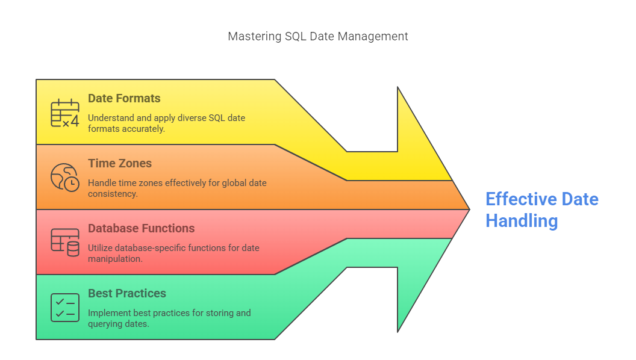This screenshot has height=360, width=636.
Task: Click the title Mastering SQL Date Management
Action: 317,37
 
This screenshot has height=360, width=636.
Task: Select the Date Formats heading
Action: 124,98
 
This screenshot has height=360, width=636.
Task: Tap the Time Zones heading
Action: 120,163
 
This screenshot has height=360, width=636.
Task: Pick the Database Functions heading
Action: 141,228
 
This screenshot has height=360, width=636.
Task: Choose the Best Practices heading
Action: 127,293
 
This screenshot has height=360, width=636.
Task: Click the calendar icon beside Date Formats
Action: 65,113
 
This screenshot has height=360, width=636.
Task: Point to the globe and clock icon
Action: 65,178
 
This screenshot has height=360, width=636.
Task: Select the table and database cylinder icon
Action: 65,243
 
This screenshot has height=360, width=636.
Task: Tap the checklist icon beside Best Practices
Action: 65,308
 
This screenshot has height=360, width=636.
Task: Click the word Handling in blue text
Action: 522,221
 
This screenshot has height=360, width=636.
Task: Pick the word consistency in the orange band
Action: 113,194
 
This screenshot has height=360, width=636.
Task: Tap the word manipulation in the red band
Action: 115,259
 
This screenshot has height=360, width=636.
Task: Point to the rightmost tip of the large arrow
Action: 470,209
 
